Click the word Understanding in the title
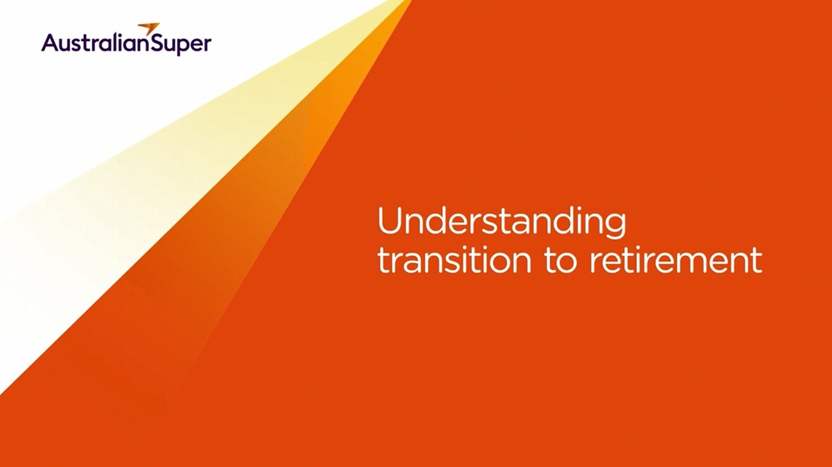501,222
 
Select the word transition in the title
454,260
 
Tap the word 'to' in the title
560,260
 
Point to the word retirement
676,260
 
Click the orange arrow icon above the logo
149,28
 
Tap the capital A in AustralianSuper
50,42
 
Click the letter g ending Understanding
616,225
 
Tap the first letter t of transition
383,260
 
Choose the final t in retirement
757,260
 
